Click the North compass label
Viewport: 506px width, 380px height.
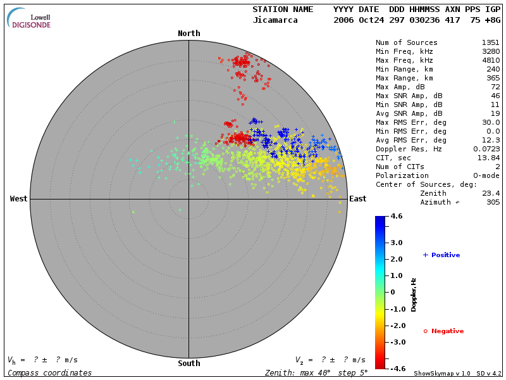point(188,34)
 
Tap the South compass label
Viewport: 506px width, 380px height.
point(188,364)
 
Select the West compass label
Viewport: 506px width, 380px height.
point(18,199)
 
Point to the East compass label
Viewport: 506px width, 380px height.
point(358,199)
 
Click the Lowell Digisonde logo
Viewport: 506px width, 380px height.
point(30,18)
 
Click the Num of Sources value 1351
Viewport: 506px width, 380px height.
point(490,42)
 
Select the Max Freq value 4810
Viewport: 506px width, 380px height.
point(490,60)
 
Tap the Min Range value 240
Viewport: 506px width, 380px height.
point(493,69)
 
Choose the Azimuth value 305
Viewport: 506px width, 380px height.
point(493,202)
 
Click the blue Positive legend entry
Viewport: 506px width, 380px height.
point(441,255)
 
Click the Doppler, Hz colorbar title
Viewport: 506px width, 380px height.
point(414,294)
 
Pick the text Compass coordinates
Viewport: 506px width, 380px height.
point(49,373)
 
